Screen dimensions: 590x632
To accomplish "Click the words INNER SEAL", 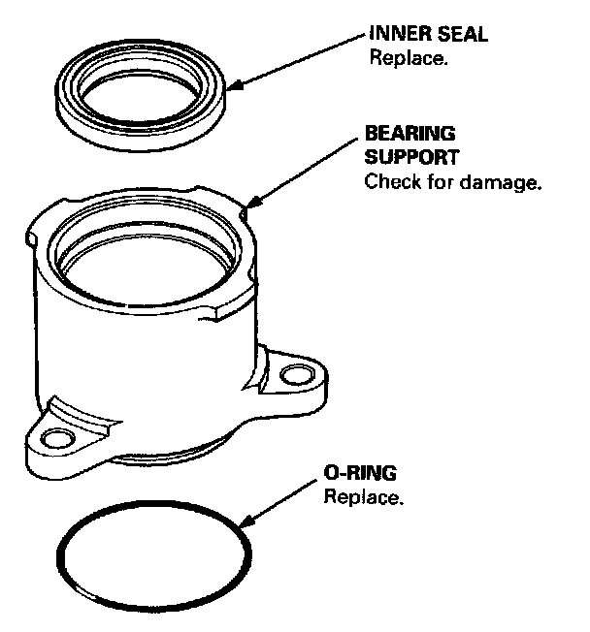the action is tap(428, 35).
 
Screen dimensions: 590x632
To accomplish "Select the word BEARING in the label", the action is tap(410, 133).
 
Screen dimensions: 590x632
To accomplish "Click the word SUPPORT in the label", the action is tap(411, 156).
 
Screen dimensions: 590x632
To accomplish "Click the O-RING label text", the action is tap(358, 474).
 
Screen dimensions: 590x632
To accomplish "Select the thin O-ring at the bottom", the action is tap(62, 557).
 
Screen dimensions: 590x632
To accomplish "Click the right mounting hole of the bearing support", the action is tap(293, 373).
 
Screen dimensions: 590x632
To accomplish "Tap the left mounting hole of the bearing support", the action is tap(55, 440).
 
